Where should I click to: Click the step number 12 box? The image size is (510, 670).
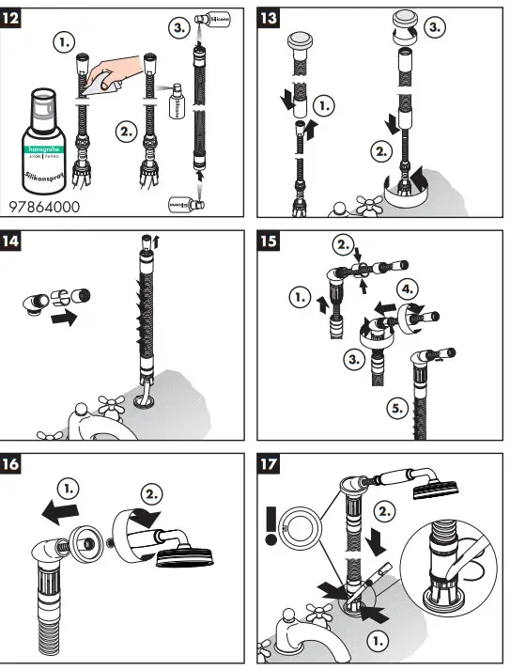point(17,16)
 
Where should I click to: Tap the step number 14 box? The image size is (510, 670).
point(17,240)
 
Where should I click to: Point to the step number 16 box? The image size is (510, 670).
point(17,463)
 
